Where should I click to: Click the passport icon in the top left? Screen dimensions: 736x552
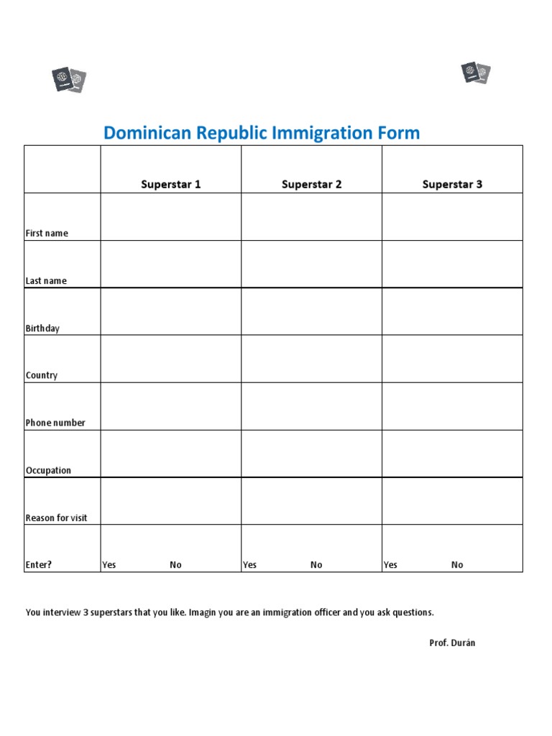tap(69, 79)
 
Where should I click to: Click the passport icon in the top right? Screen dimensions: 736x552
tap(475, 73)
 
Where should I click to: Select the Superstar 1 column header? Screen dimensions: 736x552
tap(171, 185)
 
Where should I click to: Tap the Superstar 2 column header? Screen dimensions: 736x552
tap(311, 185)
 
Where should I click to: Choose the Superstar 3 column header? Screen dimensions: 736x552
tap(452, 185)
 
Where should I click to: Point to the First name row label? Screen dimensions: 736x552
tap(47, 234)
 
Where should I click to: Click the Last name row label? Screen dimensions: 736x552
tap(46, 281)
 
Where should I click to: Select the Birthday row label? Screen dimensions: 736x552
tap(42, 328)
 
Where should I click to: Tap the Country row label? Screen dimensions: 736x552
tap(42, 375)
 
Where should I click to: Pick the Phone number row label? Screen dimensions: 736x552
tap(55, 423)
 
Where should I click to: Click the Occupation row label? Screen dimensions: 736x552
tap(48, 471)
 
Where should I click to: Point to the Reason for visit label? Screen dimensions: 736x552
tap(57, 518)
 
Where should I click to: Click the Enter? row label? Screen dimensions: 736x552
tap(39, 565)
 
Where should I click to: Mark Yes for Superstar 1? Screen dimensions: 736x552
tap(109, 565)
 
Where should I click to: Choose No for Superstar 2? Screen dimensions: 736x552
tap(316, 565)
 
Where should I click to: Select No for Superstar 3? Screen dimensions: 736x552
tap(457, 565)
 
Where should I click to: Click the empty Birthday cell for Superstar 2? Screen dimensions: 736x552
tap(311, 311)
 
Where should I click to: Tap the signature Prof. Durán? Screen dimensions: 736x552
tap(452, 643)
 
